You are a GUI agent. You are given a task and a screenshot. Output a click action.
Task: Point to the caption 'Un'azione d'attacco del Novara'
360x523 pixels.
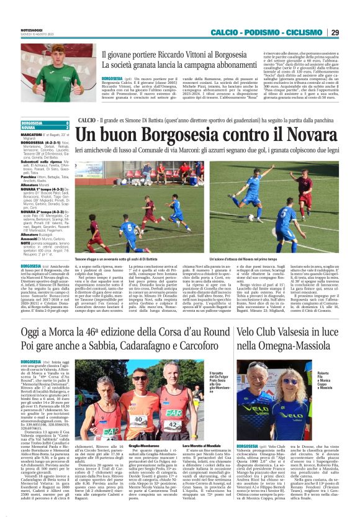pos(259,258)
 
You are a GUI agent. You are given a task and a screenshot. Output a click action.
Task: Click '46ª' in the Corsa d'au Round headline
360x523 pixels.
pos(90,332)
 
